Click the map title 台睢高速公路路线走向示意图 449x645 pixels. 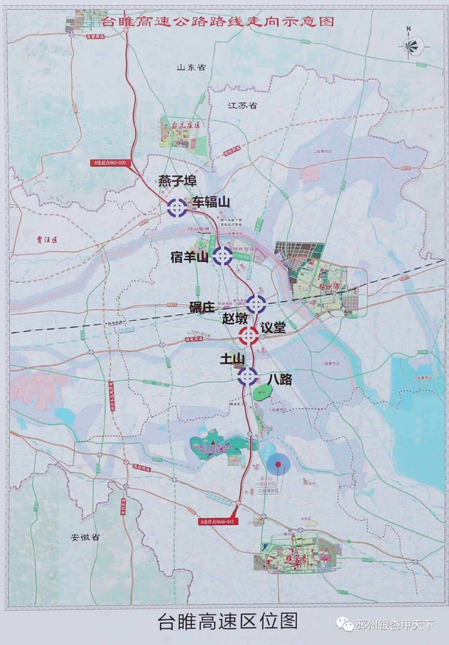[217, 22]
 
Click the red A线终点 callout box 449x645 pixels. [215, 521]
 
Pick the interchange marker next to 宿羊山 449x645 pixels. [222, 255]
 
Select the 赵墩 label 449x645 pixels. [235, 318]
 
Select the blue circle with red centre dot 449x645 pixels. [278, 464]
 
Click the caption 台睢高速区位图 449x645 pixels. [228, 621]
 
